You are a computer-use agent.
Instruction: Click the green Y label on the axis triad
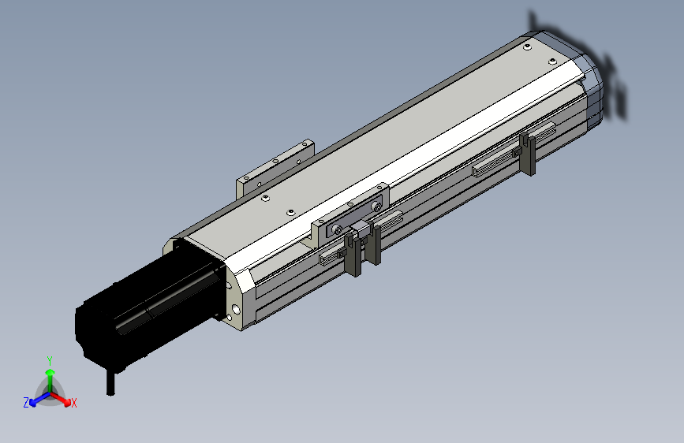(x=50, y=360)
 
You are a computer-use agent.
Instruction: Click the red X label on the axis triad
(x=73, y=404)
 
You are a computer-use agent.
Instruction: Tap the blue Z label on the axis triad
(x=26, y=403)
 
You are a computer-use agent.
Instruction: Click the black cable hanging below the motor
(x=110, y=382)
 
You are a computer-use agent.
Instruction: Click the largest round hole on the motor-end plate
(x=236, y=310)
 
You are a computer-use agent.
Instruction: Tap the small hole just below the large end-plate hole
(x=230, y=318)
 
